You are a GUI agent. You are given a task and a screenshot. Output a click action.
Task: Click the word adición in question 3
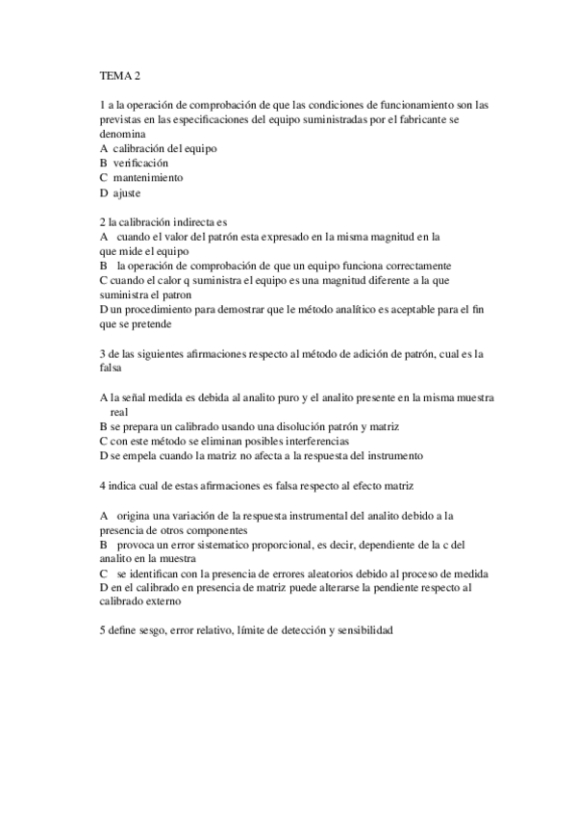(x=358, y=354)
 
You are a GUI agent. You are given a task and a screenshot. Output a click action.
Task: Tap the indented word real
(x=119, y=411)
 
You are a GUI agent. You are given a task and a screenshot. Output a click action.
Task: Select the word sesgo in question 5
(x=147, y=631)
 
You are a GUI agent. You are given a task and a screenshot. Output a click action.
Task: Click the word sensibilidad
(x=360, y=631)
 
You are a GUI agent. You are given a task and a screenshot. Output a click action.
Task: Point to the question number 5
(x=102, y=631)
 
